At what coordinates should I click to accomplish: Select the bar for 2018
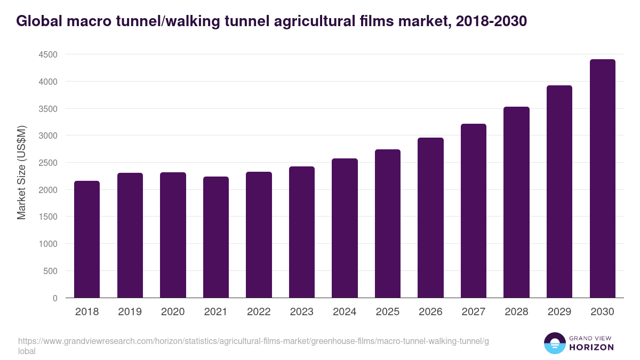click(87, 239)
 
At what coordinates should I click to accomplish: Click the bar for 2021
click(215, 237)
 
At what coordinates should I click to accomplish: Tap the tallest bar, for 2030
click(602, 179)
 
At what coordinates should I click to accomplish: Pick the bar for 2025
click(387, 223)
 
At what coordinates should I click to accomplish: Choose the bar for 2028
click(516, 202)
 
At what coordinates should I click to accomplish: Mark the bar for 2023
click(301, 232)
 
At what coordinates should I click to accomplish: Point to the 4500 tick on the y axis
click(48, 54)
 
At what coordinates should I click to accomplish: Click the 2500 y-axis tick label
click(48, 163)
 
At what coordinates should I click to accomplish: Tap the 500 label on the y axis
click(50, 271)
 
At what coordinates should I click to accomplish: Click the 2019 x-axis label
click(130, 312)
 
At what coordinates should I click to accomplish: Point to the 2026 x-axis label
click(430, 312)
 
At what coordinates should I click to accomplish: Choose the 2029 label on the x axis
click(559, 312)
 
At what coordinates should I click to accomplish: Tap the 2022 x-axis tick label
click(259, 312)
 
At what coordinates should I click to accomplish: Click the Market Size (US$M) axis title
click(21, 172)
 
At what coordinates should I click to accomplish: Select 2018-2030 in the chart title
click(492, 21)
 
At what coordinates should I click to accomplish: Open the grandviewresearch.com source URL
click(253, 341)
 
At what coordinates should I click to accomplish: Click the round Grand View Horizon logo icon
click(554, 343)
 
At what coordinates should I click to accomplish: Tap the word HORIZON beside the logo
click(591, 347)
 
